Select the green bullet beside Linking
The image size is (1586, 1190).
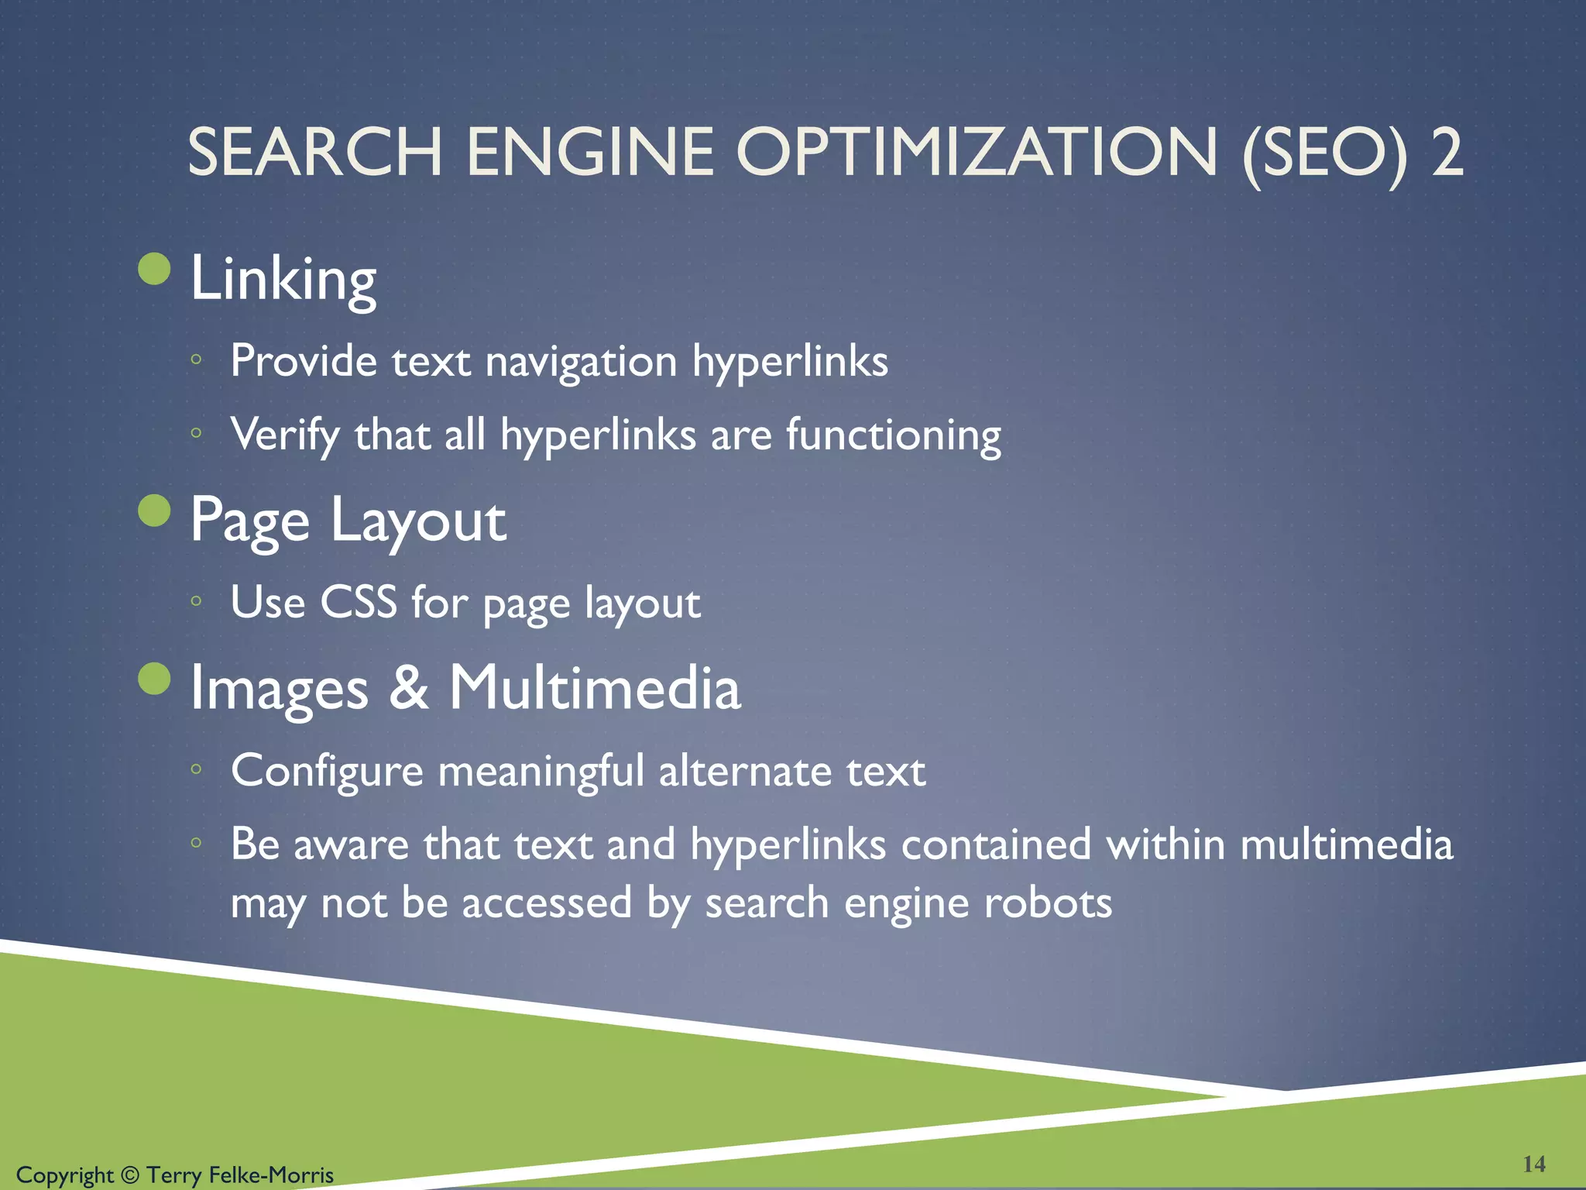(x=154, y=269)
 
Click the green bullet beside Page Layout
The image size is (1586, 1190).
(x=154, y=511)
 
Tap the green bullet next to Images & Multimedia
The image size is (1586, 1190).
(x=154, y=679)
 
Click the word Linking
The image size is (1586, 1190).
(x=283, y=279)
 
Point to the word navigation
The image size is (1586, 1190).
(x=581, y=363)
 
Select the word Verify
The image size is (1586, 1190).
(x=285, y=435)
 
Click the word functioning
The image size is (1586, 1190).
(x=894, y=435)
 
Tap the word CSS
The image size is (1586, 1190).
(x=359, y=602)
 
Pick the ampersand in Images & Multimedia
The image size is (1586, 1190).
(x=408, y=687)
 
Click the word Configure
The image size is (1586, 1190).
(x=327, y=771)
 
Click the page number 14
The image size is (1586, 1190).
(x=1533, y=1164)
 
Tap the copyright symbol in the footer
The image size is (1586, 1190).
(x=130, y=1175)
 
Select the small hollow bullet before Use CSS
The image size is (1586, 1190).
(x=197, y=600)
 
